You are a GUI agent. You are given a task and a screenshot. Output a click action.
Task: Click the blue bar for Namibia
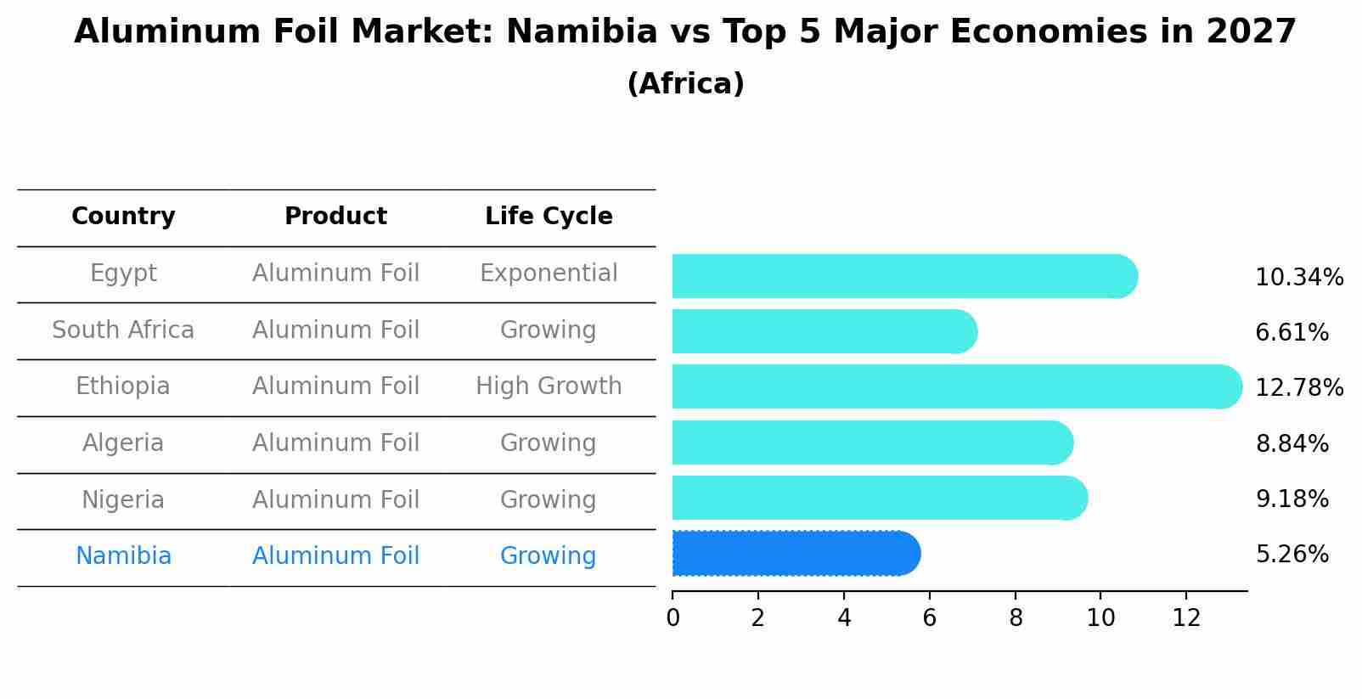coord(794,554)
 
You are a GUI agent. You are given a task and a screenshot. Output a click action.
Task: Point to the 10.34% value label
coord(1298,278)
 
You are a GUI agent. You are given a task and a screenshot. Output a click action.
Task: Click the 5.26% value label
coord(1292,555)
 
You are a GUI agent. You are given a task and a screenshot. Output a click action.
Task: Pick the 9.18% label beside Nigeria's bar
coord(1292,499)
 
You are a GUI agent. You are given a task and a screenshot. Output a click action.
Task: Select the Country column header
coord(123,217)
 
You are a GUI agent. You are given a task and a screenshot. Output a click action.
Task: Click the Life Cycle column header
coord(549,217)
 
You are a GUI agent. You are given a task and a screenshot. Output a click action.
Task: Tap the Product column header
coord(335,217)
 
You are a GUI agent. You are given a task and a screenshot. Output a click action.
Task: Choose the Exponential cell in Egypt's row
coord(549,273)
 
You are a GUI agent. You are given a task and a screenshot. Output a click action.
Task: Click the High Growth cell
coord(549,386)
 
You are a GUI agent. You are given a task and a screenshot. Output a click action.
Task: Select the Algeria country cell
coord(123,443)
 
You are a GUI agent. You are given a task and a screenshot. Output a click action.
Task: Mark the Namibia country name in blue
coord(123,556)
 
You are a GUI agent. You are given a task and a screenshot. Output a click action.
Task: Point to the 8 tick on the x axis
coord(1016,618)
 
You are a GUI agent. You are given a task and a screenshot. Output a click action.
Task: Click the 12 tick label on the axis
coord(1186,618)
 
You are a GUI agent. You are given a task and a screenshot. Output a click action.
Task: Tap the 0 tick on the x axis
coord(673,618)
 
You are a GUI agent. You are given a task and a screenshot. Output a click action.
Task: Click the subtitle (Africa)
coord(685,84)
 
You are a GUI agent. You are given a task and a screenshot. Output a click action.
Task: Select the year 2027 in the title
coord(1251,32)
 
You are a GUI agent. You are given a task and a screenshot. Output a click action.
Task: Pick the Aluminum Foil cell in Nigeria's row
coord(335,500)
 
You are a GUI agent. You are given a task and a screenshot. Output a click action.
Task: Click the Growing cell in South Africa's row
coord(549,330)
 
